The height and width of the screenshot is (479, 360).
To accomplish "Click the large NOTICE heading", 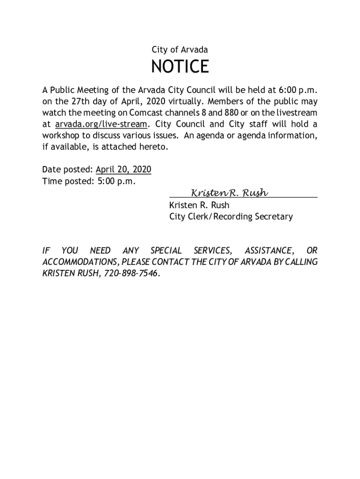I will pyautogui.click(x=180, y=67).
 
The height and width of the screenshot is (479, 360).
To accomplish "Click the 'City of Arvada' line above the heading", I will pyautogui.click(x=180, y=50).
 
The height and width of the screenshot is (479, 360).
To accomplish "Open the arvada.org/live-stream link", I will pyautogui.click(x=101, y=124).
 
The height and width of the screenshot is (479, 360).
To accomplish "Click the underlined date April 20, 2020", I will pyautogui.click(x=123, y=169).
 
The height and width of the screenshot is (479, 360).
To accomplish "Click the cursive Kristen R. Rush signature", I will pyautogui.click(x=229, y=193).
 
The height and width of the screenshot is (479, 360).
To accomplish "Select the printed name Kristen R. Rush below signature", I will pyautogui.click(x=199, y=205).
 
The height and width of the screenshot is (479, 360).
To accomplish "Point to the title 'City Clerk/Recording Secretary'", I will pyautogui.click(x=231, y=217).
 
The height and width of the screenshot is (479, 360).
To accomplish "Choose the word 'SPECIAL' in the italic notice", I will pyautogui.click(x=166, y=251).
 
